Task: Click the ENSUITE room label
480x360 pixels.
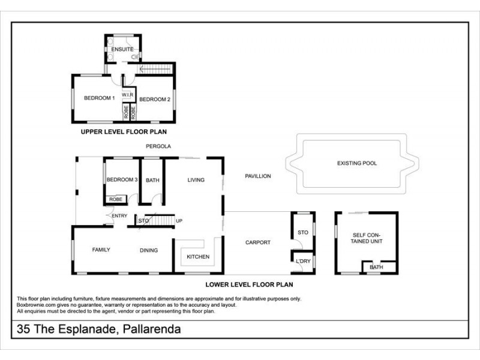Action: (x=122, y=49)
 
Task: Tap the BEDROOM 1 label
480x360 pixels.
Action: (x=99, y=98)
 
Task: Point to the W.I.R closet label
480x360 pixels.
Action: (x=127, y=95)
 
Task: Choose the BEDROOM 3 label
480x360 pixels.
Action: (x=122, y=180)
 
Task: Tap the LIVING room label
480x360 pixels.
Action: (x=196, y=180)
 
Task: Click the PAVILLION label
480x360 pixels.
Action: (x=258, y=176)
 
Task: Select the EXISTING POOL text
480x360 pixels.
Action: (x=357, y=163)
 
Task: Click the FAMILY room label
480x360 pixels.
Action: (x=101, y=250)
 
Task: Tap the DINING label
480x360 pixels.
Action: (x=149, y=250)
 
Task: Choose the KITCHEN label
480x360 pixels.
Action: (x=197, y=257)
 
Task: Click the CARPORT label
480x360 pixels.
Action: (x=258, y=243)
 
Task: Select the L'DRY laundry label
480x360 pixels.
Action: (x=302, y=262)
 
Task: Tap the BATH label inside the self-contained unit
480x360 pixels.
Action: (x=376, y=267)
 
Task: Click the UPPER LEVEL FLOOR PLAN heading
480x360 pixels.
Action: (x=124, y=131)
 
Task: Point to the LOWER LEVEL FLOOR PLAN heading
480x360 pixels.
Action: (x=249, y=285)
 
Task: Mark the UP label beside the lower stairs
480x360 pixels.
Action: (x=179, y=221)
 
